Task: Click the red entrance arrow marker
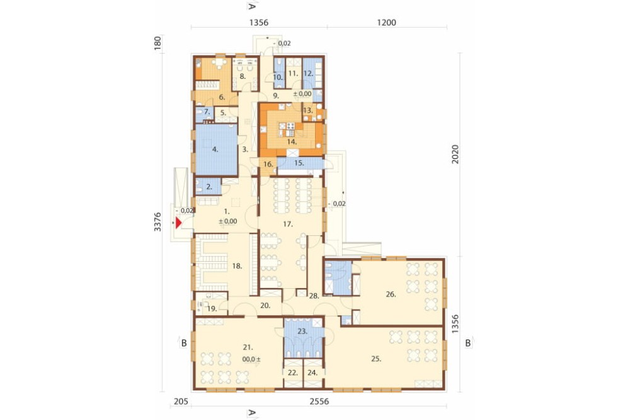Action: [179, 222]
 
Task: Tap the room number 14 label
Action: [292, 142]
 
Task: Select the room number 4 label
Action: [215, 149]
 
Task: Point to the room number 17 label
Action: [288, 224]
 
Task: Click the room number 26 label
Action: [391, 295]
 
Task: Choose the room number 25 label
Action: [376, 359]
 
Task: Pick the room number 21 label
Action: [248, 347]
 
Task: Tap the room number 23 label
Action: [302, 332]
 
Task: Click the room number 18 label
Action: [237, 266]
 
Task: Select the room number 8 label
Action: [243, 76]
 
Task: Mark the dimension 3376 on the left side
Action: [157, 222]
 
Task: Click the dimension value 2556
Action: [319, 402]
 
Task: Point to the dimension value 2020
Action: [455, 154]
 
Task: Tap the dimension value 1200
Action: [387, 23]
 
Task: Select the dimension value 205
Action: [181, 402]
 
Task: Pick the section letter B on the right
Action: [467, 344]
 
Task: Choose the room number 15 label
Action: [299, 163]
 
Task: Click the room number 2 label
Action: [209, 187]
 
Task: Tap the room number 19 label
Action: [212, 309]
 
